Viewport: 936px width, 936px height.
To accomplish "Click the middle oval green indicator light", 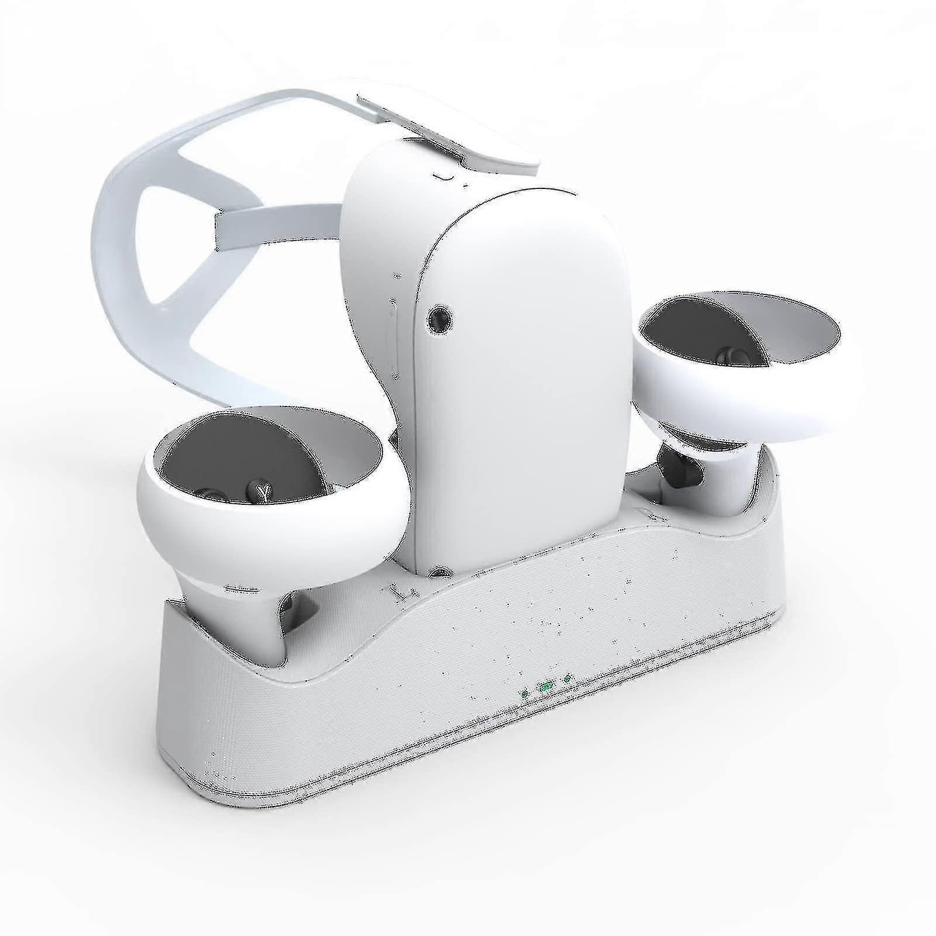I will (x=545, y=687).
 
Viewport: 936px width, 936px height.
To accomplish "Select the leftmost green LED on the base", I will (x=525, y=694).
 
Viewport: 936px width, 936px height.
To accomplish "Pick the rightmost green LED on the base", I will (x=567, y=679).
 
